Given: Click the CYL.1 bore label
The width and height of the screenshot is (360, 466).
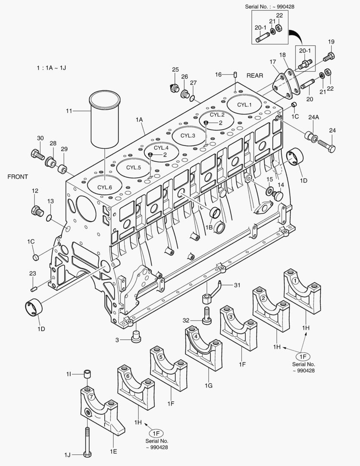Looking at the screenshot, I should click(x=244, y=104).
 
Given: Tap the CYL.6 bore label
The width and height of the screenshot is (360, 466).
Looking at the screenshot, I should click(x=105, y=187).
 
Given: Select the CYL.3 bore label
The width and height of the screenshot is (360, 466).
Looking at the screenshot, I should click(x=188, y=135).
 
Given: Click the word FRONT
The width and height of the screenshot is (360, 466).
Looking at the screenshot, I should click(x=18, y=177).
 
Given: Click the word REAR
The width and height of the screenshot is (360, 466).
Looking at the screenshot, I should click(x=255, y=75).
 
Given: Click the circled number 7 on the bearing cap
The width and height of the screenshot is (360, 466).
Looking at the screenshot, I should click(x=91, y=396).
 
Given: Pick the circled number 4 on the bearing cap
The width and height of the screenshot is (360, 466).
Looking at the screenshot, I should click(x=196, y=336).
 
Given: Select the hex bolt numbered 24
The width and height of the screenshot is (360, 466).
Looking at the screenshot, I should click(x=327, y=146).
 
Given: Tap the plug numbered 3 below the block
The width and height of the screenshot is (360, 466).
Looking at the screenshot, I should click(x=136, y=337).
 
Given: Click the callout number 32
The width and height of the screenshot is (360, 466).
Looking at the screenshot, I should click(x=185, y=320).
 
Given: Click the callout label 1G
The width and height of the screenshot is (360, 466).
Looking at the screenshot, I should click(x=209, y=385).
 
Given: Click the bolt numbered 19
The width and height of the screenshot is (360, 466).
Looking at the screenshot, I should click(x=329, y=56).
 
